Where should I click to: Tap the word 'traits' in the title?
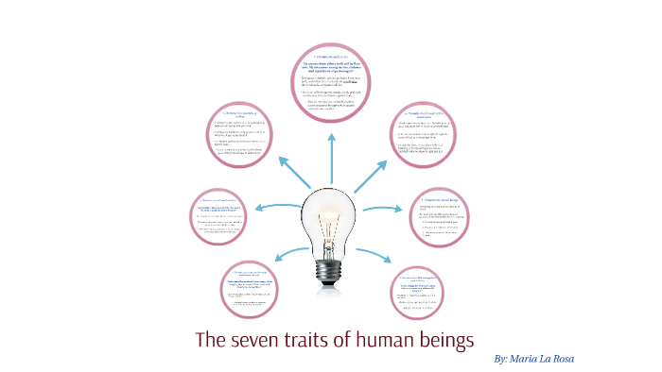pyautogui.click(x=320, y=340)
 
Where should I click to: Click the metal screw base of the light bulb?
pyautogui.click(x=330, y=269)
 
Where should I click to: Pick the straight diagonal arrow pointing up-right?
pyautogui.click(x=370, y=176)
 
